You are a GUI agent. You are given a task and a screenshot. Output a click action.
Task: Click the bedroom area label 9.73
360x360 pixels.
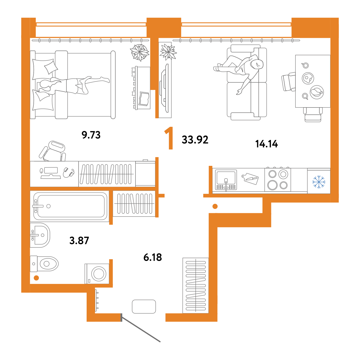click(91, 135)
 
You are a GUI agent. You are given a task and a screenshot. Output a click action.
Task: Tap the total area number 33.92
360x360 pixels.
click(195, 140)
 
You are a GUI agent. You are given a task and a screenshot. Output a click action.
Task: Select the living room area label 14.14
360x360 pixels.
click(266, 144)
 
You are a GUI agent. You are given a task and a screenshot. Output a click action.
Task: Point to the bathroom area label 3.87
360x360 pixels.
click(79, 240)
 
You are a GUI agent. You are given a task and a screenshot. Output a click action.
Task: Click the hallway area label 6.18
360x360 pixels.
click(153, 257)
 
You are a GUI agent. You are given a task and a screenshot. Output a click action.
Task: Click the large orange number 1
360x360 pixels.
click(169, 138)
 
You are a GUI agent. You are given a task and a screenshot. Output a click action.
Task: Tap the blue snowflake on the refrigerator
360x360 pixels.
click(319, 182)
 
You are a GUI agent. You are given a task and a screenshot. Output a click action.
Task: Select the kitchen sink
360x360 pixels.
click(226, 180)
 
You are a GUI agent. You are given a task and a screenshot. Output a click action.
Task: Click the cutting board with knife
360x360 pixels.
click(250, 179)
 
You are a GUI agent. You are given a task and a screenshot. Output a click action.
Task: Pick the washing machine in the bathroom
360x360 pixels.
click(97, 274)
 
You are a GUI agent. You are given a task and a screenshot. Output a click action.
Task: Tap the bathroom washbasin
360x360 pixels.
click(40, 235)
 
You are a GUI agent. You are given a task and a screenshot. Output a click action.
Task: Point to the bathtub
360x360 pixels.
click(69, 206)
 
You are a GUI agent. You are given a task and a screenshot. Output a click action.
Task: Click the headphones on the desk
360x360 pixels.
click(69, 172)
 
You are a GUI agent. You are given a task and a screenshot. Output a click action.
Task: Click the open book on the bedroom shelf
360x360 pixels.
click(144, 99)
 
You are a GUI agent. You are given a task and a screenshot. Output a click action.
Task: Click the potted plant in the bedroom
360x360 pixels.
click(140, 52)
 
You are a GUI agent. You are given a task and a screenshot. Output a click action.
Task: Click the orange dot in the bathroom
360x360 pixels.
click(36, 278)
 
